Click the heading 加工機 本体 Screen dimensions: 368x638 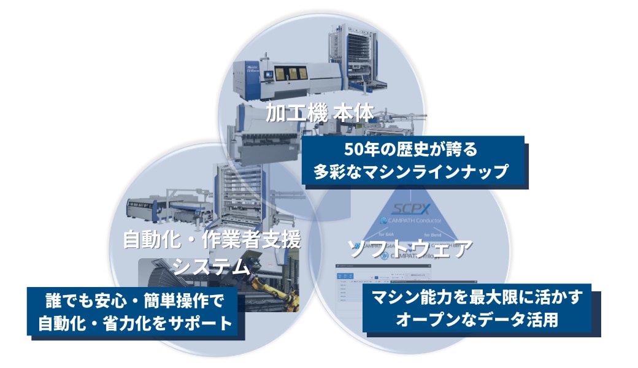(x=320, y=115)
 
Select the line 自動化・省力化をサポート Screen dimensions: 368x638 (x=136, y=323)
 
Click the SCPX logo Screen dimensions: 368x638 (x=412, y=209)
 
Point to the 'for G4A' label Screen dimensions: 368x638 (x=386, y=234)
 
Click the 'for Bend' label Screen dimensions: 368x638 (x=443, y=234)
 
